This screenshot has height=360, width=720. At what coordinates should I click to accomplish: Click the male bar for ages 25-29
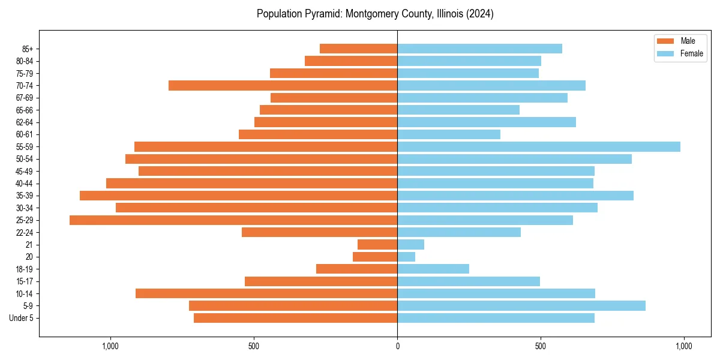[x=233, y=220]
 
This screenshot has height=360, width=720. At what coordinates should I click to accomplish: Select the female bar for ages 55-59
[x=539, y=147]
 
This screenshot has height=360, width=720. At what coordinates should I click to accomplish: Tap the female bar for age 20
[x=406, y=257]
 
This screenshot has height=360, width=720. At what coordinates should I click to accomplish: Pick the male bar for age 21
[x=377, y=245]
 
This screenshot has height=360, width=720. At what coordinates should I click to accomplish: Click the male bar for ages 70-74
[x=283, y=86]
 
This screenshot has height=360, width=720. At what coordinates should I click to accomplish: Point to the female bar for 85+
[x=479, y=49]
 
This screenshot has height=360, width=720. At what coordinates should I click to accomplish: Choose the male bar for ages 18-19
[x=356, y=269]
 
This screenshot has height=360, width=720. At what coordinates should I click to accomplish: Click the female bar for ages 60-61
[x=449, y=134]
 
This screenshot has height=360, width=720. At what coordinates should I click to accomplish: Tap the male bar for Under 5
[x=295, y=318]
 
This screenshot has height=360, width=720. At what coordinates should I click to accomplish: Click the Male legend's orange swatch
[x=665, y=41]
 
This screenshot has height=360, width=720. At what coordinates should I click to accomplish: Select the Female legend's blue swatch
[x=665, y=53]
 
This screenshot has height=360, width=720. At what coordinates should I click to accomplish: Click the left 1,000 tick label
[x=110, y=346]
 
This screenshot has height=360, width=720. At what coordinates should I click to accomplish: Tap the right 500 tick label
[x=541, y=346]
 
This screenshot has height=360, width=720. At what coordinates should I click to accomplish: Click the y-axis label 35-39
[x=25, y=196]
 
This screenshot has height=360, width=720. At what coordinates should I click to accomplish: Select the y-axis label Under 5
[x=22, y=318]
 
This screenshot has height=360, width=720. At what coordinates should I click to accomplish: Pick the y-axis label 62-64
[x=25, y=122]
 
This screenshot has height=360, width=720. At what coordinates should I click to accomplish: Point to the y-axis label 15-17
[x=25, y=281]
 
